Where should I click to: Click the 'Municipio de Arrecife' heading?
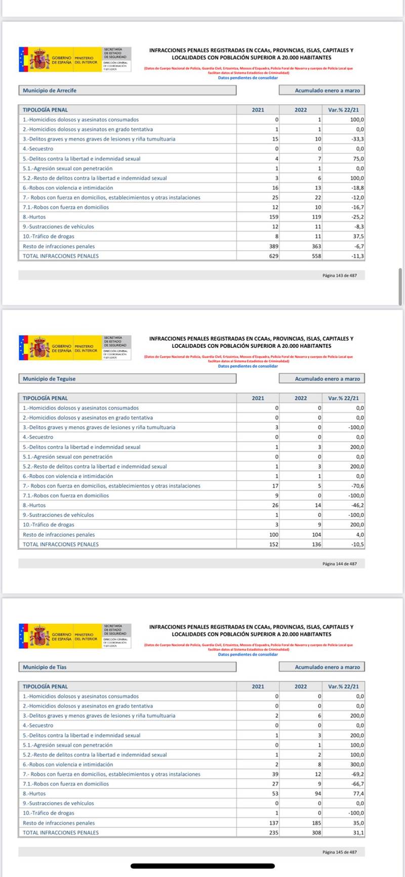click(x=50, y=91)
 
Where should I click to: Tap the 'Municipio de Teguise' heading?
click(x=49, y=379)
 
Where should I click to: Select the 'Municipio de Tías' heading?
click(x=45, y=667)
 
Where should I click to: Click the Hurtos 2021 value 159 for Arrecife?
click(x=273, y=217)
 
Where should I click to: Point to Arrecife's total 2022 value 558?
click(x=316, y=256)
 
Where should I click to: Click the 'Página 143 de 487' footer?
click(x=339, y=275)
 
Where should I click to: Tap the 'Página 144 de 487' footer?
click(x=339, y=564)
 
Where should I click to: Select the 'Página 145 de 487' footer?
click(x=339, y=852)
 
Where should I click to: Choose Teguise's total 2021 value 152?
click(x=273, y=544)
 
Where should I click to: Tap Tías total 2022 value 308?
click(x=316, y=832)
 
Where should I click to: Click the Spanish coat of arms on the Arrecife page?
click(x=39, y=60)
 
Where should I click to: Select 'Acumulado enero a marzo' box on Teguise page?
click(x=321, y=379)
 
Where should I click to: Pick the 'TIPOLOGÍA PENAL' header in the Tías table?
click(x=45, y=687)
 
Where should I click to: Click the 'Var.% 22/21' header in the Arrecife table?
click(x=343, y=110)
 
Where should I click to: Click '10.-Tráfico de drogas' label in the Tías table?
click(x=49, y=813)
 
